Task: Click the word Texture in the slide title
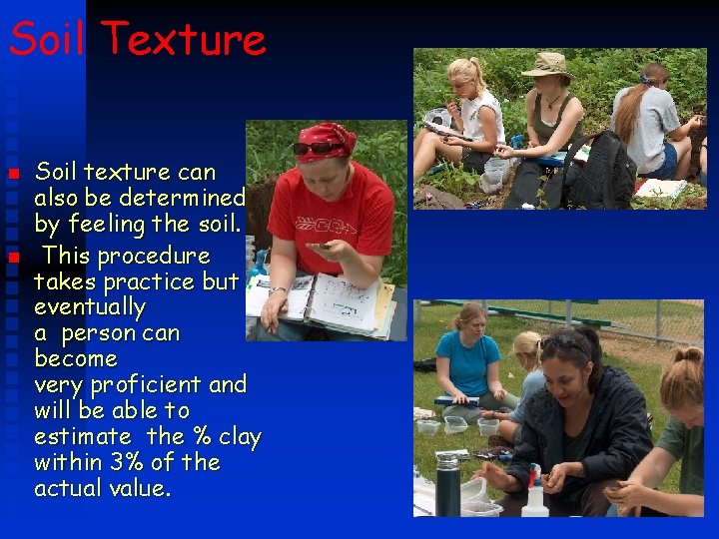184,40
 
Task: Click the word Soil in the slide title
49,40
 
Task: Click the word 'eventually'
90,307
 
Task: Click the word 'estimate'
83,437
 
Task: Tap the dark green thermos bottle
448,484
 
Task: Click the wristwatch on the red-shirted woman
275,290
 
